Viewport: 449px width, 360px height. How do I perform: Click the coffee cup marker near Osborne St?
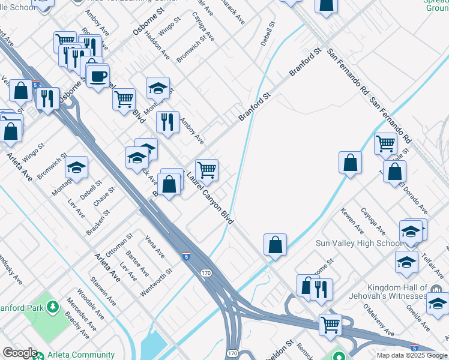97,76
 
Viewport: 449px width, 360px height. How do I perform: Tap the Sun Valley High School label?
358,243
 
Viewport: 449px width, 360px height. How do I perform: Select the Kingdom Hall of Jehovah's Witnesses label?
389,292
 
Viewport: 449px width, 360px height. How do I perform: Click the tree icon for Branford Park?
53,308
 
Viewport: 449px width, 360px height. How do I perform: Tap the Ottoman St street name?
119,245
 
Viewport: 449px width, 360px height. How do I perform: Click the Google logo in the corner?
19,353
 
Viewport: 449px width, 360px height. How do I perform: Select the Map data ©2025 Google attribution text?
411,355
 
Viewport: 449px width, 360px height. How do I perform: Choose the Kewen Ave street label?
352,221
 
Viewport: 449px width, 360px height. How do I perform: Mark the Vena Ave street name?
154,247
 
